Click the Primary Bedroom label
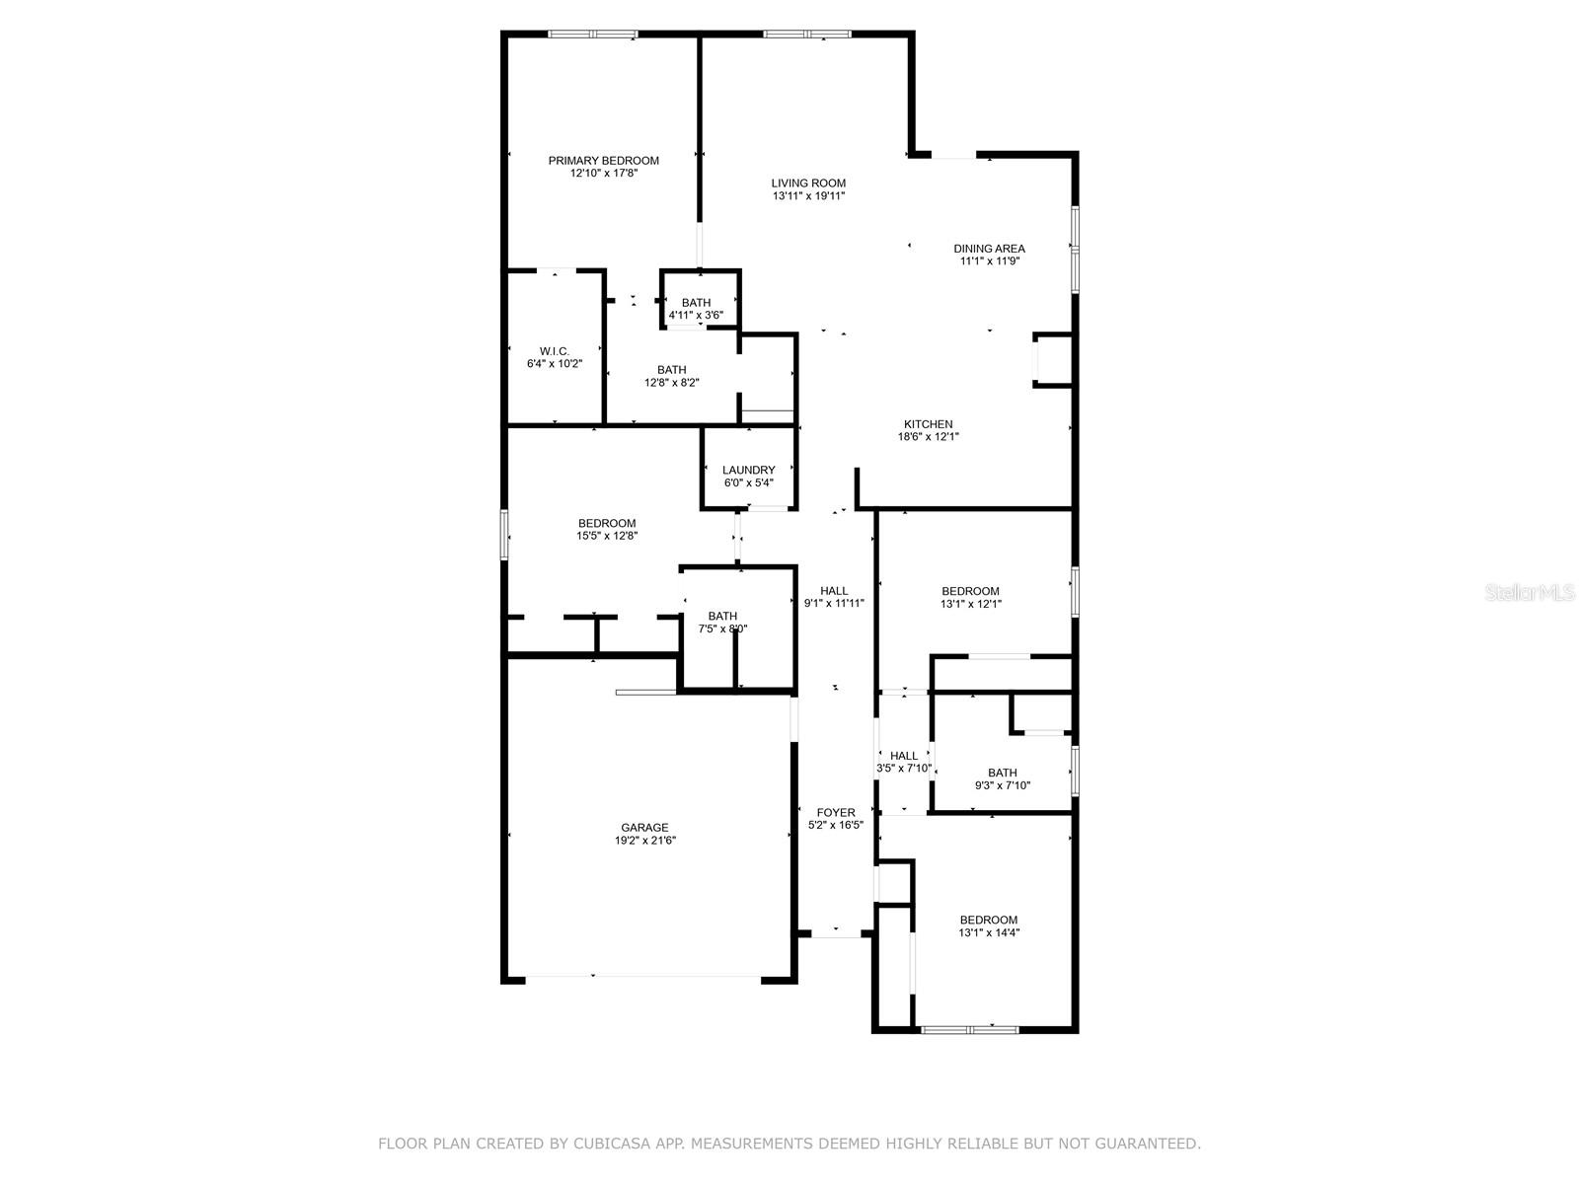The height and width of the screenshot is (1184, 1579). (x=603, y=161)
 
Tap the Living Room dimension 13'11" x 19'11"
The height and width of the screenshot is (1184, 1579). (x=808, y=196)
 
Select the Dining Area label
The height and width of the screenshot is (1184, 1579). (x=989, y=249)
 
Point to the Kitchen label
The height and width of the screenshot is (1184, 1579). (x=928, y=424)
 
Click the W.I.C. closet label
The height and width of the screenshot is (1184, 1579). (x=554, y=351)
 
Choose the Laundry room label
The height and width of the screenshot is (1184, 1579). (x=748, y=470)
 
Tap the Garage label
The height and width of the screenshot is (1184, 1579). (x=644, y=828)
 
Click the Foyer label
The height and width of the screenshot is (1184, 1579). (x=836, y=813)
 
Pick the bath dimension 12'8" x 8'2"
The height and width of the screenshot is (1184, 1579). (x=671, y=383)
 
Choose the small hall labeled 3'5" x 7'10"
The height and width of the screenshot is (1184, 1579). (x=904, y=762)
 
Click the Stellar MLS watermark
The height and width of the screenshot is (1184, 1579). (x=1530, y=592)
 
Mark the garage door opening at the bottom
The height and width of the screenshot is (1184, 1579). (x=642, y=978)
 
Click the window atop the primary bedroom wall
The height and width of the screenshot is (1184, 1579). (x=592, y=35)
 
